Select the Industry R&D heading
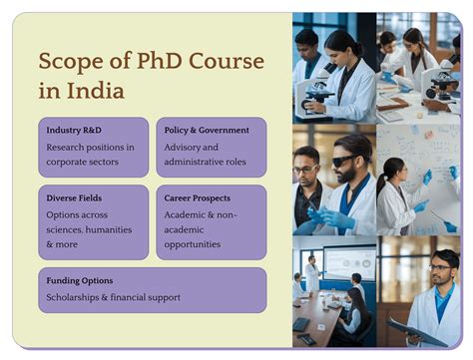click(73, 131)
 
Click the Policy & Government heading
click(207, 131)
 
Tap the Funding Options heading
click(79, 280)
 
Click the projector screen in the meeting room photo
click(349, 262)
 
